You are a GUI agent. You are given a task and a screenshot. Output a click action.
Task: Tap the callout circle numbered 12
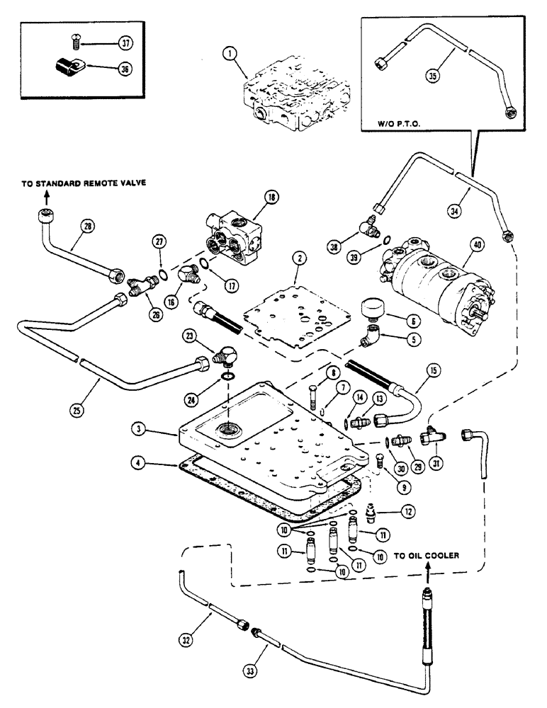(x=407, y=510)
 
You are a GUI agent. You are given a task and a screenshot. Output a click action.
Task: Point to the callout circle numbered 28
(x=86, y=227)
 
